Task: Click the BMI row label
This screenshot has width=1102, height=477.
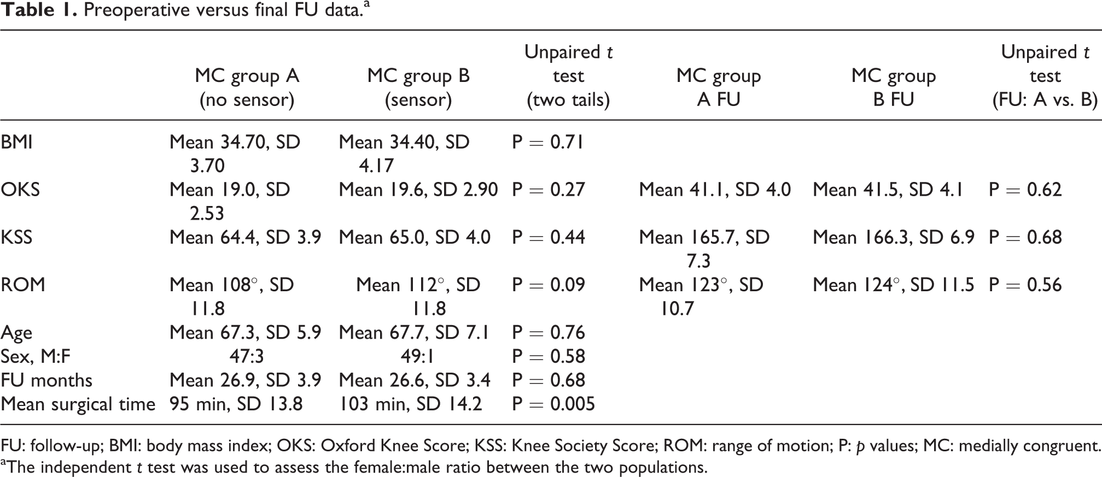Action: pyautogui.click(x=17, y=142)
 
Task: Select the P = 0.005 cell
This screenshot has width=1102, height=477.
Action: pyautogui.click(x=553, y=404)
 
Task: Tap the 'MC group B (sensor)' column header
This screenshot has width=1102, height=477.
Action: pyautogui.click(x=418, y=87)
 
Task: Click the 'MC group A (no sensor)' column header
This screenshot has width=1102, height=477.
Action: pyautogui.click(x=247, y=87)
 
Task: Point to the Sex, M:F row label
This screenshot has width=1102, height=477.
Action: pyautogui.click(x=36, y=357)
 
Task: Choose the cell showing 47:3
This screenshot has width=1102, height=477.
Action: pyautogui.click(x=247, y=356)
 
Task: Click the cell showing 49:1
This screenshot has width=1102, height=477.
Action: pyautogui.click(x=417, y=356)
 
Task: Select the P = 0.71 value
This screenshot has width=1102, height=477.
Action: pyautogui.click(x=549, y=142)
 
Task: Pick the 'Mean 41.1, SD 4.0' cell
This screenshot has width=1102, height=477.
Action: pyautogui.click(x=715, y=190)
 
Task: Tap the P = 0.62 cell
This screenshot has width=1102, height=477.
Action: pyautogui.click(x=1025, y=190)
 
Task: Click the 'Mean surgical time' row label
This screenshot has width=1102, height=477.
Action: pyautogui.click(x=78, y=404)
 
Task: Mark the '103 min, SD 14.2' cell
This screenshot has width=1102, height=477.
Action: pyautogui.click(x=411, y=404)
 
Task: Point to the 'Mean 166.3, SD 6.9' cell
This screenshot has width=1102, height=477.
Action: pyautogui.click(x=894, y=237)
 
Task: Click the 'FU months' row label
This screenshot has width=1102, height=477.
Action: pyautogui.click(x=46, y=380)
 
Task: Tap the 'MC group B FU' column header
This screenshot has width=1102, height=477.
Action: pyautogui.click(x=894, y=87)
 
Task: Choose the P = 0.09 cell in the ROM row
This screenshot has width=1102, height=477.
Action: pyautogui.click(x=549, y=285)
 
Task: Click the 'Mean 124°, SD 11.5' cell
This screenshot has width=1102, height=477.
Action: pyautogui.click(x=894, y=285)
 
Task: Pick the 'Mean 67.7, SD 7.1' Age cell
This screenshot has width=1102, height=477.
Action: pyautogui.click(x=414, y=332)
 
